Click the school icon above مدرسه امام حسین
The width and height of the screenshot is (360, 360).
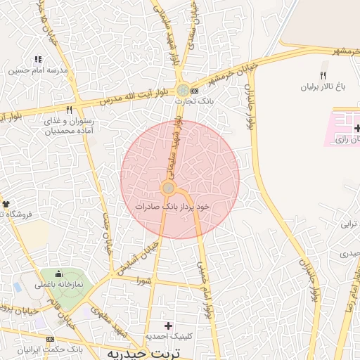coord(38,60)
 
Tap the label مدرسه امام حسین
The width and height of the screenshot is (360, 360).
coord(38,71)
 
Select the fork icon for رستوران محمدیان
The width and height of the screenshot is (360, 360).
coord(69,110)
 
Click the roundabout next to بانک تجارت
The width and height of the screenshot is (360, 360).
coord(183,91)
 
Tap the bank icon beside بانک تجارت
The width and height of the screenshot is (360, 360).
coord(195,91)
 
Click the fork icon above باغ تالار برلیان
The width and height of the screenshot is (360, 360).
coord(323,75)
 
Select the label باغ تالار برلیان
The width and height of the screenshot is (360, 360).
coord(323,86)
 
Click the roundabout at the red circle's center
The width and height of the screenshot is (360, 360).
coord(169,188)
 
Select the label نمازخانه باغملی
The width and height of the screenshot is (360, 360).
coord(59,285)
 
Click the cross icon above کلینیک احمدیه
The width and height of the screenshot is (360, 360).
coord(167,326)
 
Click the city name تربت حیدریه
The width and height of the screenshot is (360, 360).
coord(141,352)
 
